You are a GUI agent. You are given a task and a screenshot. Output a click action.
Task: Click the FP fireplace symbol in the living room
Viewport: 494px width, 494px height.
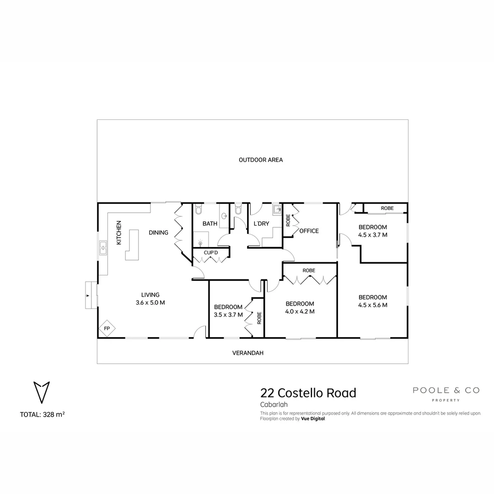(x=107, y=328)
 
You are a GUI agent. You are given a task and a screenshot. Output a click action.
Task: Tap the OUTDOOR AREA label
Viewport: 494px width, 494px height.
(x=261, y=160)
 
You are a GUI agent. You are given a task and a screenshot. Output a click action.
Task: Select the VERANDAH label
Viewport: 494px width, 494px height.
(x=247, y=353)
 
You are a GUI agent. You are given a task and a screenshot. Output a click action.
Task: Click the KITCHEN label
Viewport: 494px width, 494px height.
(x=119, y=232)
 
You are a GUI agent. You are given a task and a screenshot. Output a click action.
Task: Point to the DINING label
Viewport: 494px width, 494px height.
(x=158, y=232)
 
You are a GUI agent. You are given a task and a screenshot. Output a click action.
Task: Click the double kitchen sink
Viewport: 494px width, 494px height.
(x=103, y=247)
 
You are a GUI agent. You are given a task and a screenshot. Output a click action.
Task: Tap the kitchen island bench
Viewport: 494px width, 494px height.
(x=132, y=245)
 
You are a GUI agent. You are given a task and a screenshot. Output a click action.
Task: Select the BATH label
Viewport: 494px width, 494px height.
(x=210, y=224)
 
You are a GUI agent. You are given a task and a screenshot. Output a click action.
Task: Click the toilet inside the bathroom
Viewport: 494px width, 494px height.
(x=199, y=209)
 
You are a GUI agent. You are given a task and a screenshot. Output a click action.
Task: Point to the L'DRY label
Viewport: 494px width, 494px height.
(x=261, y=224)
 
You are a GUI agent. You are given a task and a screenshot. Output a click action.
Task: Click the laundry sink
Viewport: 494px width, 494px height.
(x=277, y=209)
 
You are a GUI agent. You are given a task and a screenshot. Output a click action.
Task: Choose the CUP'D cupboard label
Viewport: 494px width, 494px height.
(x=211, y=252)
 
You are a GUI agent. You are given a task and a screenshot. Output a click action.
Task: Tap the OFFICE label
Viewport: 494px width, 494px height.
(x=309, y=231)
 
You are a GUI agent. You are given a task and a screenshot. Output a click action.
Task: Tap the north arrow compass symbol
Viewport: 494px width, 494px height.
(x=42, y=392)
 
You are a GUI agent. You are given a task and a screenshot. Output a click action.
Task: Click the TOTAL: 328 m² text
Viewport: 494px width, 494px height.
(x=42, y=414)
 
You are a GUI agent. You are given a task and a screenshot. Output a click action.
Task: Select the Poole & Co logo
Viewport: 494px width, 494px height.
(x=446, y=394)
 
